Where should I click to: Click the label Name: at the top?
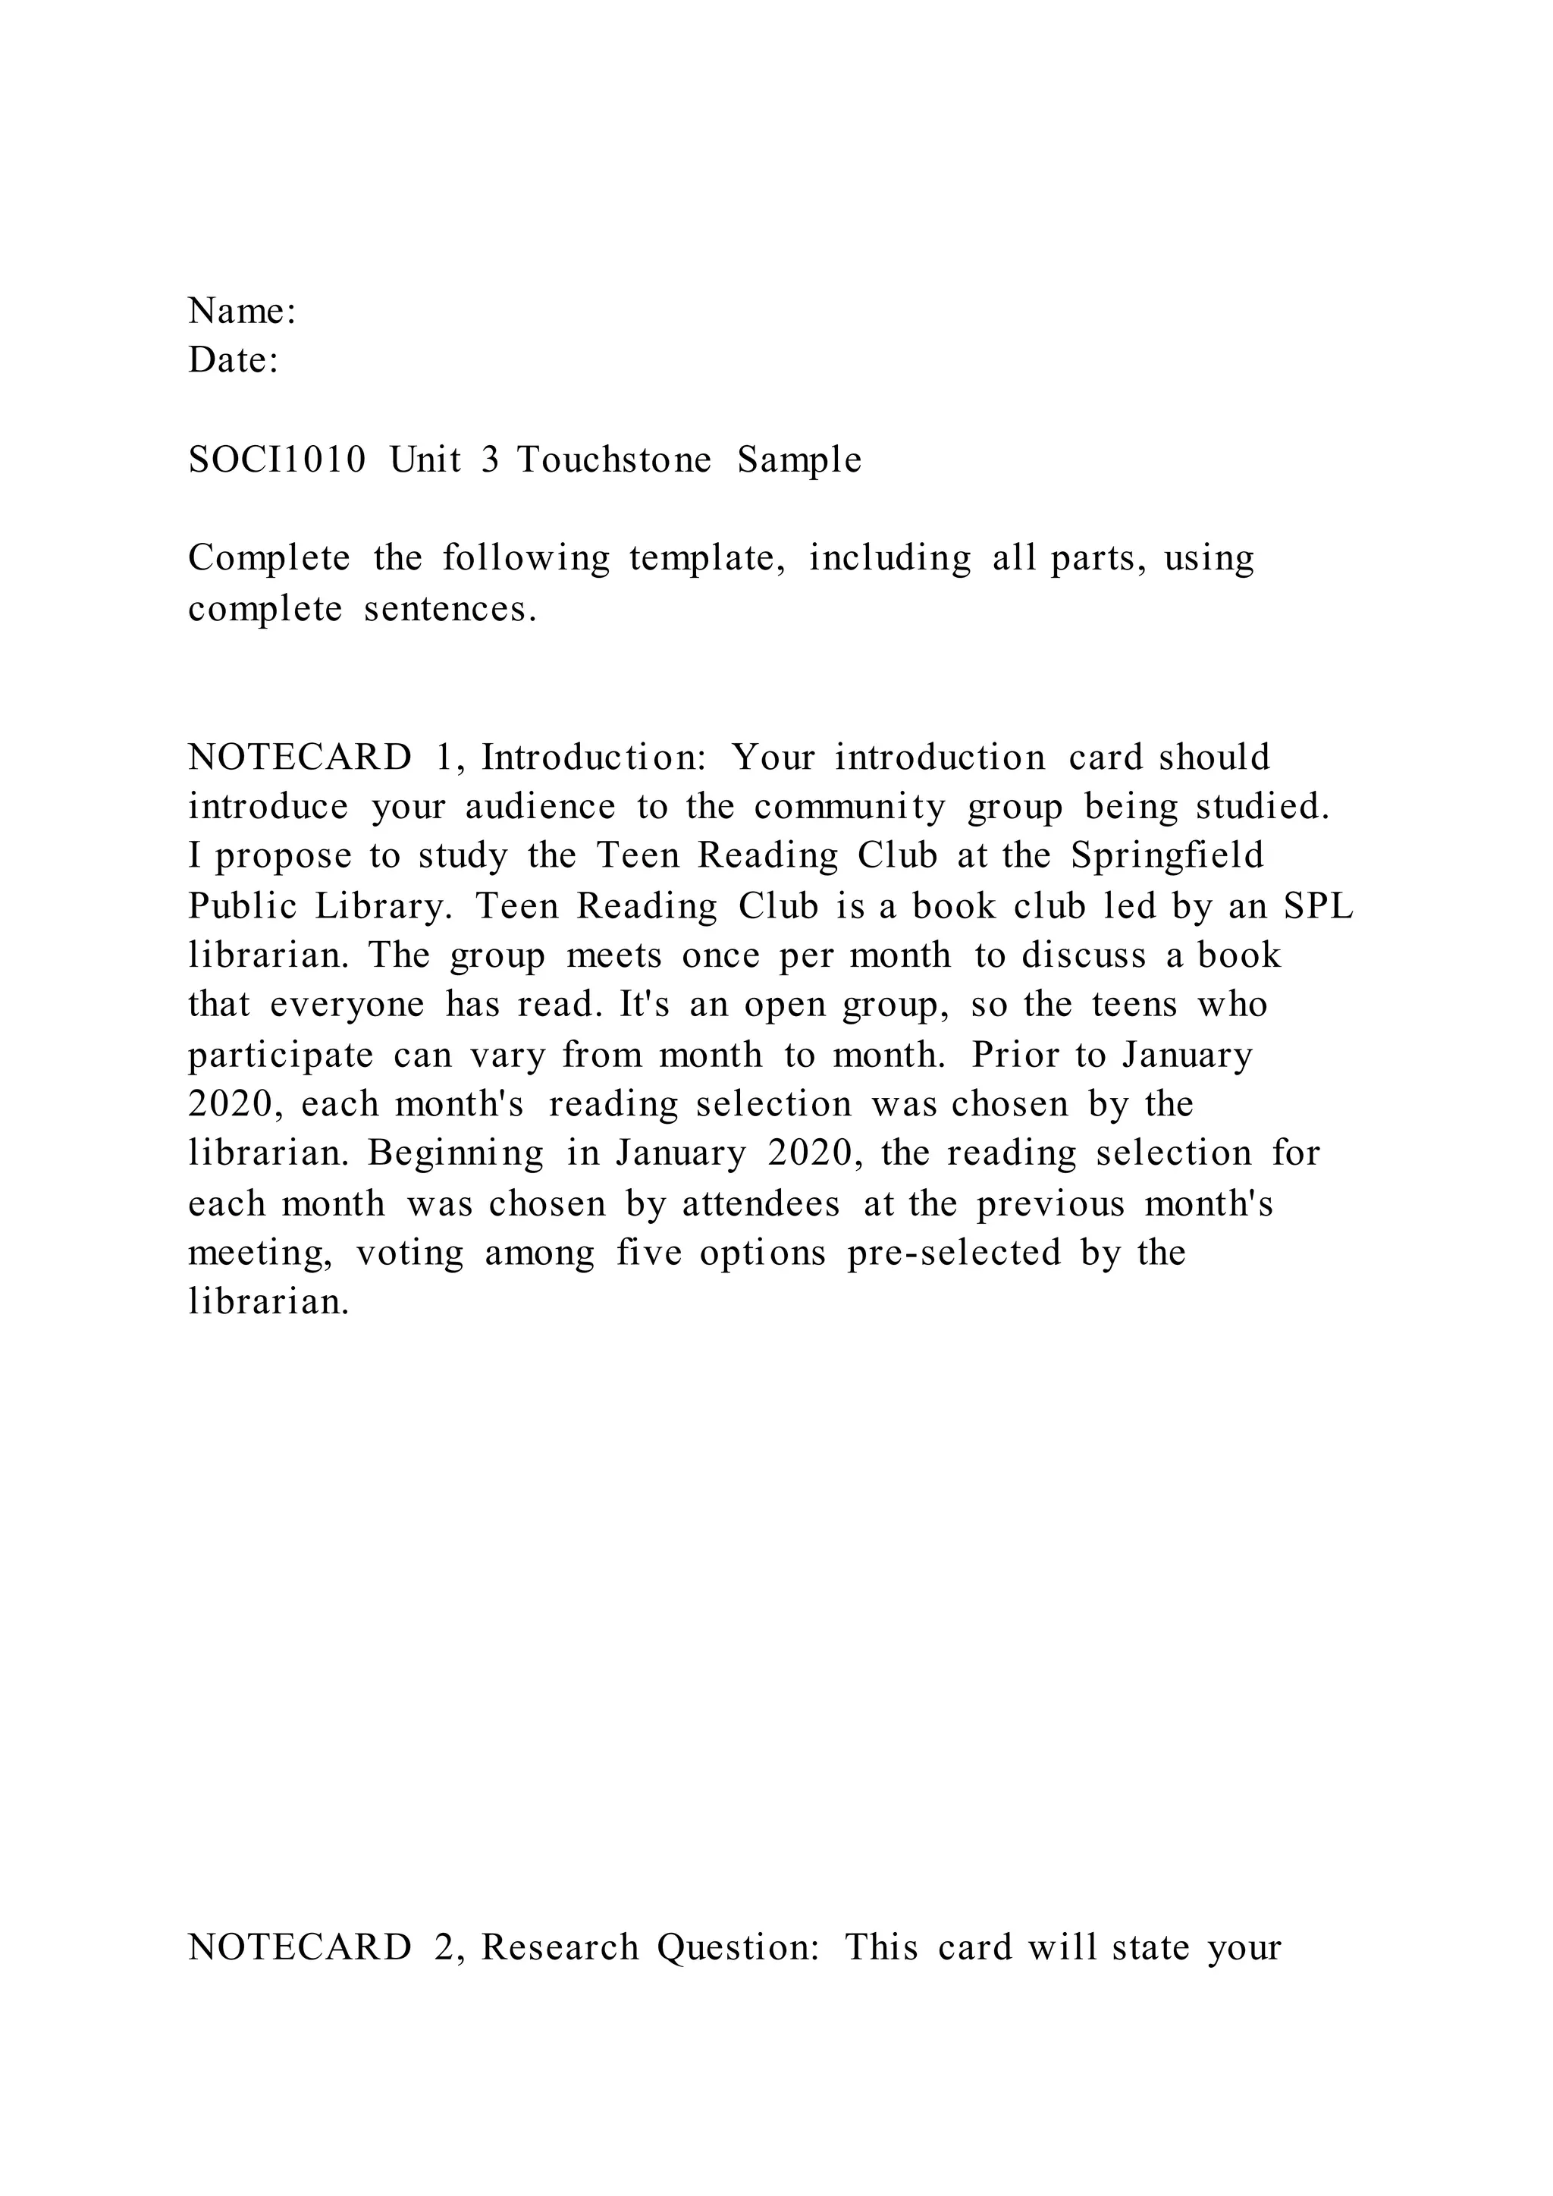pos(242,312)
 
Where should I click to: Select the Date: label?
pos(234,361)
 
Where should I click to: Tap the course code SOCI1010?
pos(278,460)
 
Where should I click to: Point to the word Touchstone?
pos(614,460)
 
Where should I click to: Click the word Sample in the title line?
pos(799,460)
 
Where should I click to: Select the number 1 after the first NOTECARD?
pos(443,758)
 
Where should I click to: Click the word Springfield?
pos(1167,855)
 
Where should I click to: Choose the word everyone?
pos(347,1004)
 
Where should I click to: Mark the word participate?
pos(280,1055)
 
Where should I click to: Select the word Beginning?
pos(455,1153)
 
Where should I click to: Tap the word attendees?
pos(761,1203)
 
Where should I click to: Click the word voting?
pos(409,1253)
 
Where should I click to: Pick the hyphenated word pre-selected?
pos(955,1253)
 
